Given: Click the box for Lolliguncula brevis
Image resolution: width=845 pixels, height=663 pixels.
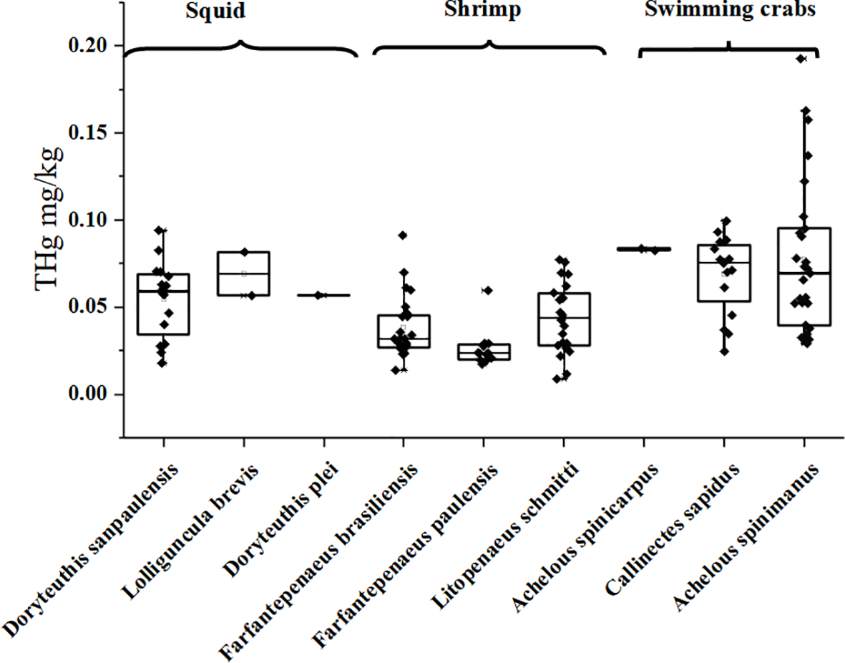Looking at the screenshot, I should click(244, 274).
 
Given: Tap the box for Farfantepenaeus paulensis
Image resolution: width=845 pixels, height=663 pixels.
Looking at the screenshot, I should click(484, 352).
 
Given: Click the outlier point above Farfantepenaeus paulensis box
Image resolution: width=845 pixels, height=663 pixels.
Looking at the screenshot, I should click(487, 290).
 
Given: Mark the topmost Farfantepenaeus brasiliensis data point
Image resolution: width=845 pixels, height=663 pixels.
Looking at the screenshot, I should click(404, 235).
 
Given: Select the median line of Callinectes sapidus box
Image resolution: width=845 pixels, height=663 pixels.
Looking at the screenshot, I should click(724, 263).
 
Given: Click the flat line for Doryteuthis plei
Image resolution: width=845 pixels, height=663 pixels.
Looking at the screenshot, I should click(324, 295).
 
